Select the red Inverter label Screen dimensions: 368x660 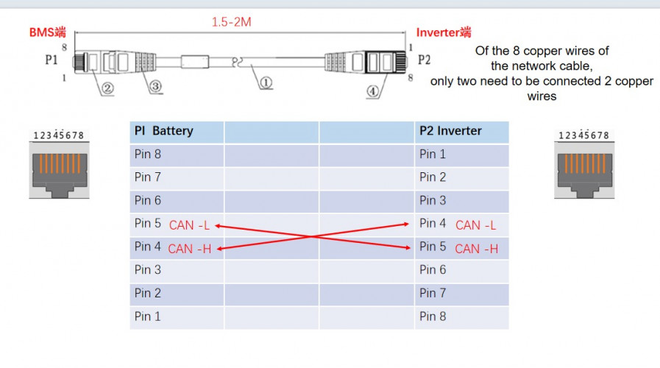(444, 32)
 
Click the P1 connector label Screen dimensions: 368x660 (52, 60)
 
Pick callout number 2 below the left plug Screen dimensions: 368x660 (107, 89)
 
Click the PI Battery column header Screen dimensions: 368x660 (163, 131)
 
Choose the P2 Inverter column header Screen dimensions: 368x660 (450, 131)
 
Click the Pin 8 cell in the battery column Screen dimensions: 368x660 (147, 155)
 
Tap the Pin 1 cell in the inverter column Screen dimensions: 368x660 (433, 155)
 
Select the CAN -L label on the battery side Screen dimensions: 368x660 (189, 225)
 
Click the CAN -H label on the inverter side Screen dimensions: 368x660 (476, 249)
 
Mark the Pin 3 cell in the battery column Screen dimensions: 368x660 (147, 270)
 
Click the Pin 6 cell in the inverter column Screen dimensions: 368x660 (433, 270)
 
